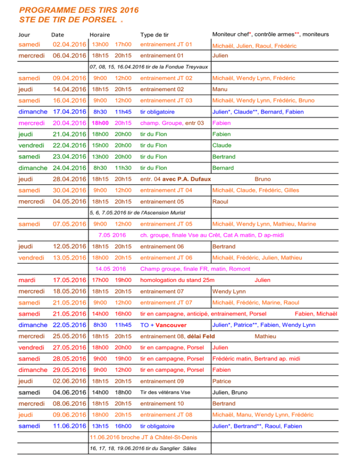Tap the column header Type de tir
154,35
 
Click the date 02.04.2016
69,45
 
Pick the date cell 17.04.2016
69,112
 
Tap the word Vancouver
171,325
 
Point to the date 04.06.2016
69,392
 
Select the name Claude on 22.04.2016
222,145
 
